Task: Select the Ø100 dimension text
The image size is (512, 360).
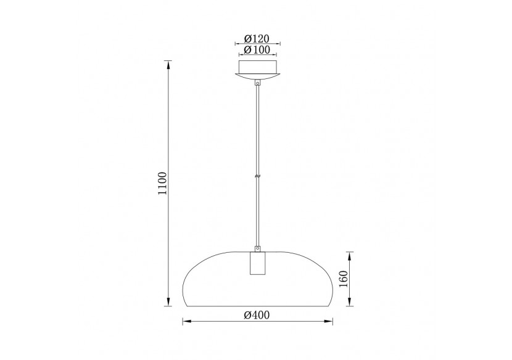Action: click(x=257, y=49)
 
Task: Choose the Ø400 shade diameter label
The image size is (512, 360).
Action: click(x=257, y=315)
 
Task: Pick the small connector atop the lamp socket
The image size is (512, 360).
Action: click(x=258, y=247)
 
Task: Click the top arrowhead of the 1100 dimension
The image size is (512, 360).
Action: click(x=167, y=63)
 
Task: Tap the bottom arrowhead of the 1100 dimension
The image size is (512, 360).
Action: click(x=167, y=302)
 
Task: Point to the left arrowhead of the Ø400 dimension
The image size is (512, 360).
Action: click(x=186, y=321)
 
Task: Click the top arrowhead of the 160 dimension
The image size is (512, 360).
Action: click(x=349, y=255)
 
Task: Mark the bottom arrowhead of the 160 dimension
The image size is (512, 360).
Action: click(x=349, y=303)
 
